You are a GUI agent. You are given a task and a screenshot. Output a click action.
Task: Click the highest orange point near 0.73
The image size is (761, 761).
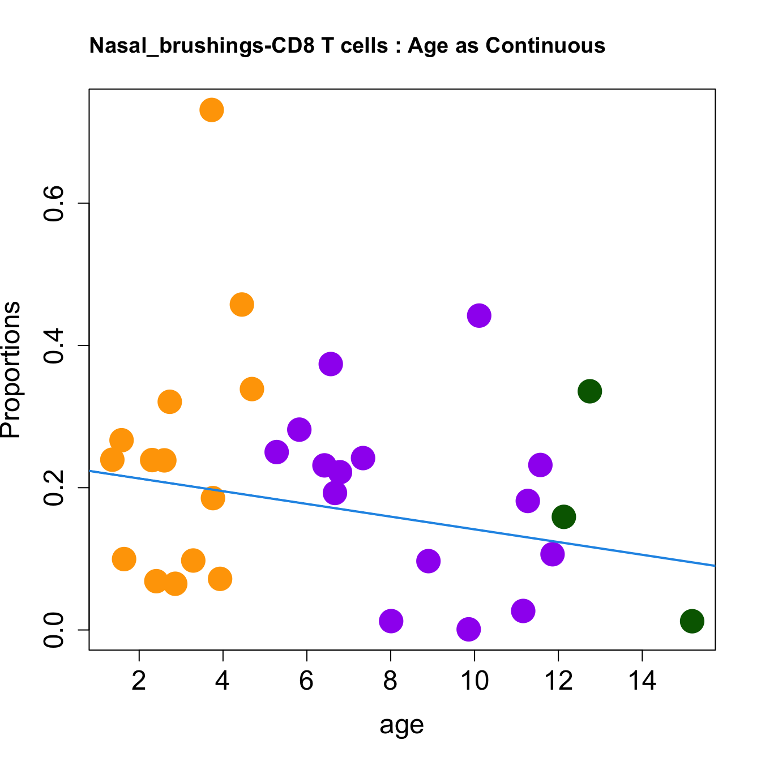(211, 110)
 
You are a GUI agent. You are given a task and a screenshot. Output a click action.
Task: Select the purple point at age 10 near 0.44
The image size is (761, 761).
(479, 315)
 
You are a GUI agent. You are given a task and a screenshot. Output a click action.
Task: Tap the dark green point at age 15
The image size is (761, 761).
(692, 621)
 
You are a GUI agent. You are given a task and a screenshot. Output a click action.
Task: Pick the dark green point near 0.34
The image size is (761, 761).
(589, 391)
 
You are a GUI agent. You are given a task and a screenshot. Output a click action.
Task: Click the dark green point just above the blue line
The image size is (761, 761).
(563, 516)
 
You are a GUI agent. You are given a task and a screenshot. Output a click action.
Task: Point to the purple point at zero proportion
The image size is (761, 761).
(468, 629)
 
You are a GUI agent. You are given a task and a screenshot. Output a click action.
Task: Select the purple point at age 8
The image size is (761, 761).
(391, 621)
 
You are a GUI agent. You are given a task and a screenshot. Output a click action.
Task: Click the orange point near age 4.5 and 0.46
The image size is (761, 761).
(242, 305)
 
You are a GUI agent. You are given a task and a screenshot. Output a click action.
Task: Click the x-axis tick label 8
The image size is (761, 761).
(390, 681)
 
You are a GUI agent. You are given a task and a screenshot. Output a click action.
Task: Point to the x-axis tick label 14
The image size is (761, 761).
(642, 681)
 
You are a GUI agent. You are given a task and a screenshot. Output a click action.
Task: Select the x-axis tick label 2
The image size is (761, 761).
(139, 681)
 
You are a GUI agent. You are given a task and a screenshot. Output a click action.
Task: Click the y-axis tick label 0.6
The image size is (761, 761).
(54, 204)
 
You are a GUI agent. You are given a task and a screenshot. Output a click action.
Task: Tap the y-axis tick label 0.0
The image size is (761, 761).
(54, 629)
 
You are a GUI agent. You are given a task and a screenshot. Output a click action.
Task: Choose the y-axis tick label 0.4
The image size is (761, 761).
(54, 345)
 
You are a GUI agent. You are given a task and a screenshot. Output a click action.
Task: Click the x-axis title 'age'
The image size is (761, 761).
(401, 725)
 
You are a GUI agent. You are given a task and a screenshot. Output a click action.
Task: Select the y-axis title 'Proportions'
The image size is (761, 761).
(11, 369)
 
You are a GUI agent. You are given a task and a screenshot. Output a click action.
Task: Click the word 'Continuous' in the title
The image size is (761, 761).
(545, 45)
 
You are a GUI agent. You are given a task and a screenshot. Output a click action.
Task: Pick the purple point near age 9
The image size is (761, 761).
(429, 561)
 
